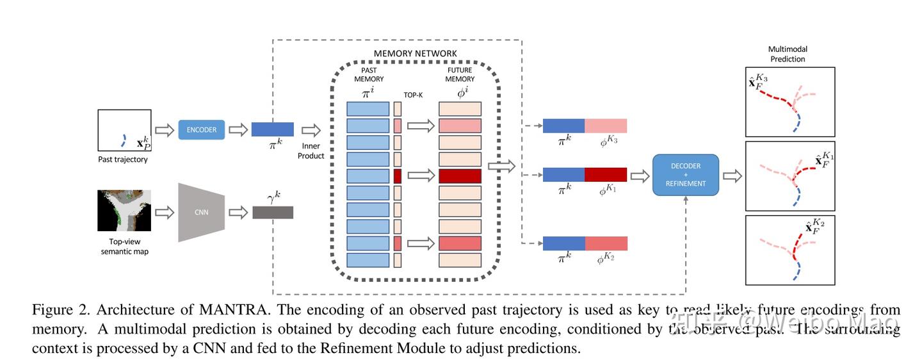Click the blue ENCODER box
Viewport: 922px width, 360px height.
pyautogui.click(x=202, y=129)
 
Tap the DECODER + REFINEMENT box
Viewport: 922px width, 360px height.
pyautogui.click(x=685, y=175)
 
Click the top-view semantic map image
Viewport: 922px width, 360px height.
pyautogui.click(x=124, y=211)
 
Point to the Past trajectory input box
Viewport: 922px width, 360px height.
pyautogui.click(x=124, y=131)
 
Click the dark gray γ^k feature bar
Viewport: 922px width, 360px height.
pyautogui.click(x=273, y=212)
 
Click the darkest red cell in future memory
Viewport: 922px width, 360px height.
pyautogui.click(x=460, y=176)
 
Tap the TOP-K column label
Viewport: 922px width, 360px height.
pyautogui.click(x=413, y=94)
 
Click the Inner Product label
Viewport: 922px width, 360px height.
pyautogui.click(x=311, y=151)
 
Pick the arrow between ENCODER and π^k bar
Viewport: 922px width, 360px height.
pyautogui.click(x=238, y=130)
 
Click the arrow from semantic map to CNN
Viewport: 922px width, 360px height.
pyautogui.click(x=165, y=212)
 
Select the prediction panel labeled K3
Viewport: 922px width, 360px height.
pyautogui.click(x=790, y=102)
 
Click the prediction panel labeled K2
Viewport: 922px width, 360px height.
pyautogui.click(x=790, y=250)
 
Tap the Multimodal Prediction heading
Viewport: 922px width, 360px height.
pyautogui.click(x=788, y=54)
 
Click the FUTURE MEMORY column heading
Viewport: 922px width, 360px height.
pyautogui.click(x=460, y=74)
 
